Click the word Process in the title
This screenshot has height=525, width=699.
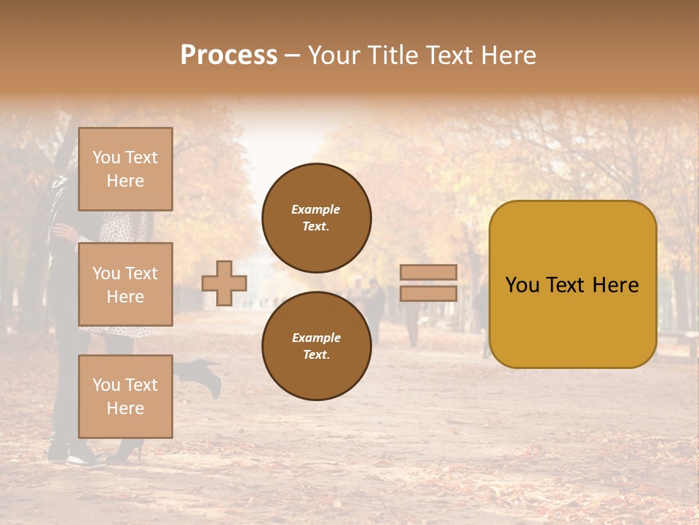pos(229,55)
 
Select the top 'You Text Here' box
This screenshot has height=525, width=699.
pos(125,169)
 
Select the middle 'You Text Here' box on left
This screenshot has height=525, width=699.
pos(125,284)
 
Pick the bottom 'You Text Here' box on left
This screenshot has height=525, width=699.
pos(125,396)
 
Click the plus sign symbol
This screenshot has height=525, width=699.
pos(224,283)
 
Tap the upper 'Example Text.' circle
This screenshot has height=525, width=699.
pos(316,218)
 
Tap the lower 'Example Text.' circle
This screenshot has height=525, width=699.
pos(316,346)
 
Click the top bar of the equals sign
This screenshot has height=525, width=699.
pos(428,272)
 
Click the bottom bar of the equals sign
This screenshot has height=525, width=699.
pos(428,293)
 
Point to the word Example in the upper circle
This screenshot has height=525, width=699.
pos(315,209)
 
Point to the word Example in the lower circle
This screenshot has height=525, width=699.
pos(315,338)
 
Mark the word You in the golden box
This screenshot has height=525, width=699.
pos(521,285)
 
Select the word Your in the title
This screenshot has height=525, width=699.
pos(336,55)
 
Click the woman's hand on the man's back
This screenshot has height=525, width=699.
pos(64,233)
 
